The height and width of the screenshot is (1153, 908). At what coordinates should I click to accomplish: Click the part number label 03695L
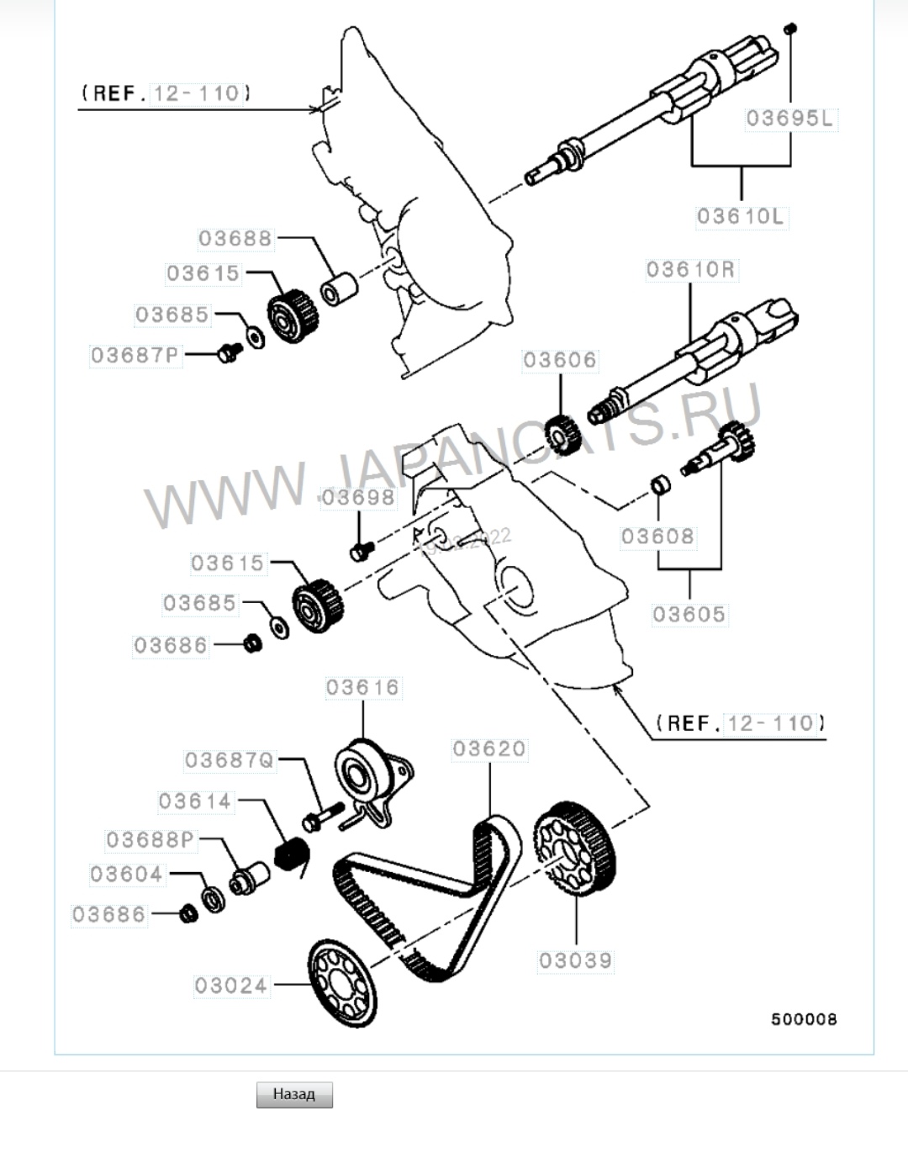789,119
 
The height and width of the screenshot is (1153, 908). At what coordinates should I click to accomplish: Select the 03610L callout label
741,217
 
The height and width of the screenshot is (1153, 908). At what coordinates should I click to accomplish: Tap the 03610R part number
690,270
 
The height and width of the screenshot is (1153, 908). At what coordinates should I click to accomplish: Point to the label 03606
560,361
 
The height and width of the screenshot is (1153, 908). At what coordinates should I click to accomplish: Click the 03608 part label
658,537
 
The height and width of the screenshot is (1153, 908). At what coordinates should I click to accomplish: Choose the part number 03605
689,615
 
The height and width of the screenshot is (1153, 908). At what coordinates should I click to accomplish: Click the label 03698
358,498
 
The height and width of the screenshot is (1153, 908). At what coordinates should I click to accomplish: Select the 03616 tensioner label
363,688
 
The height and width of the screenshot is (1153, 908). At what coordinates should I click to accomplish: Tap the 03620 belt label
489,748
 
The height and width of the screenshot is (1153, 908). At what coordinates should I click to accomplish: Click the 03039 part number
576,960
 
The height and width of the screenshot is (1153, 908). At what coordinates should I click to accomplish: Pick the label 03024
231,986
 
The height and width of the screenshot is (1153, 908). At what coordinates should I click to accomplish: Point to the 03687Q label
230,760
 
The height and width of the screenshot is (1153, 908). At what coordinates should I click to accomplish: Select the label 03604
127,875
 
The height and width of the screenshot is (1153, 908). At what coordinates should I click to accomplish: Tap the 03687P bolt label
135,356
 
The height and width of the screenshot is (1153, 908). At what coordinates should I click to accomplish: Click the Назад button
294,1094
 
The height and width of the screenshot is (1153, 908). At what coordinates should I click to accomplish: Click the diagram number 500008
805,1019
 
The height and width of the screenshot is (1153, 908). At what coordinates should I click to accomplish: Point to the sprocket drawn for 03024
341,983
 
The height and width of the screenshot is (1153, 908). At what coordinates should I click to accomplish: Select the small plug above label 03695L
789,29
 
